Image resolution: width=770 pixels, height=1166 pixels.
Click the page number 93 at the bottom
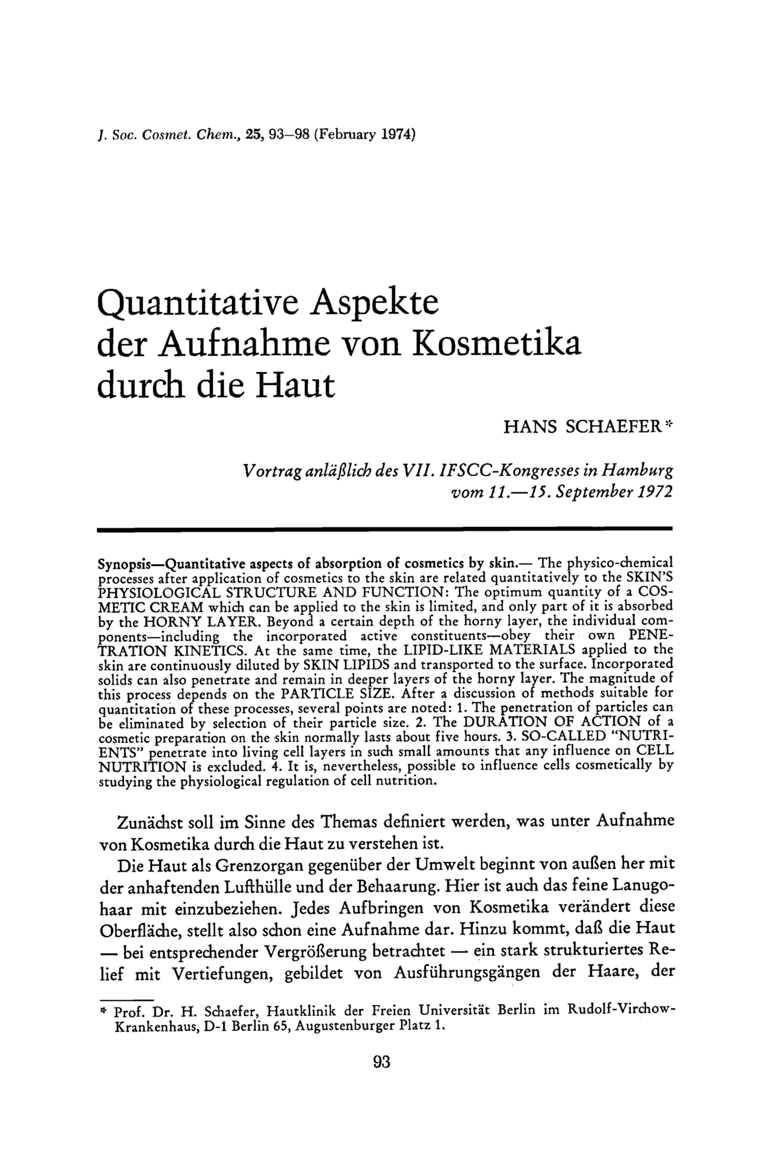click(382, 1062)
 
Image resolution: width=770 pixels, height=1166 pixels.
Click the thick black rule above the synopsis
click(385, 529)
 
